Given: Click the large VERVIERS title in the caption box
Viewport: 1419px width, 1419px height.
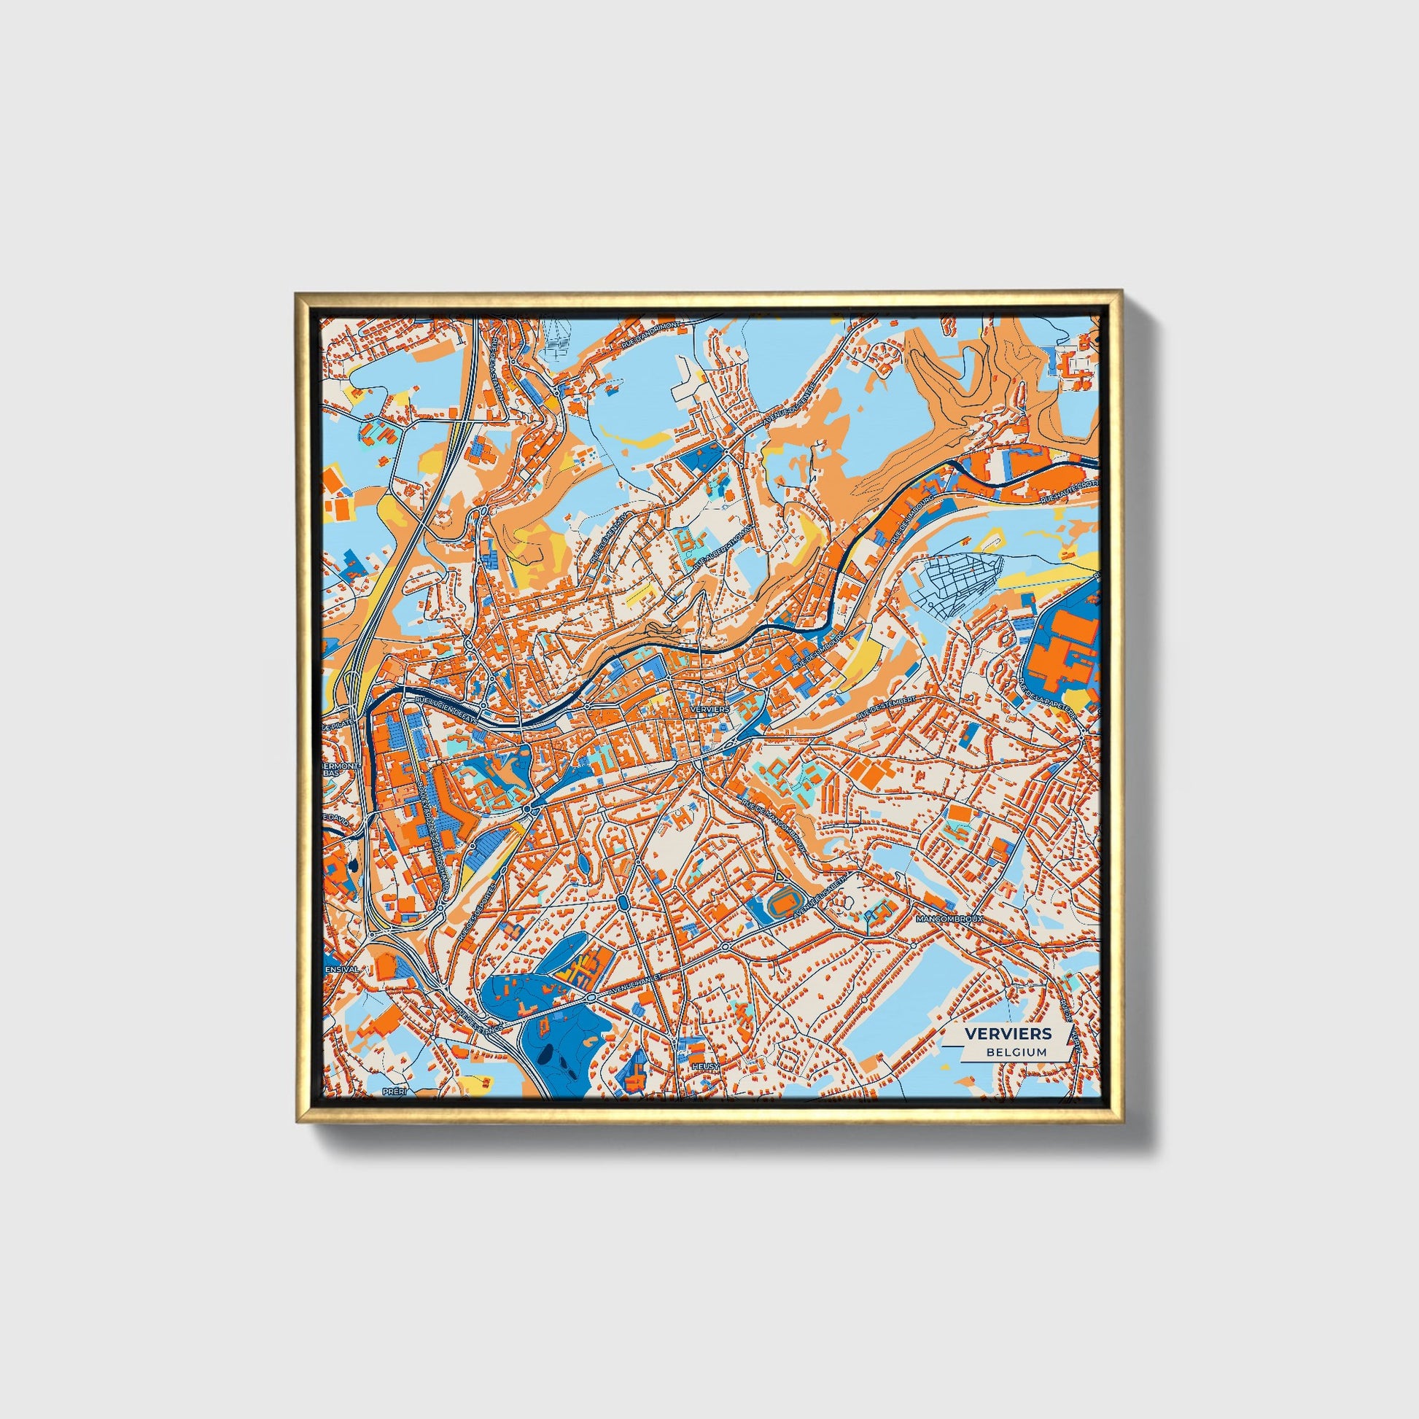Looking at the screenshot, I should [x=1008, y=1033].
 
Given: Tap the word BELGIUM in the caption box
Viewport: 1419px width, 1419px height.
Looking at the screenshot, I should [x=1017, y=1051].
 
